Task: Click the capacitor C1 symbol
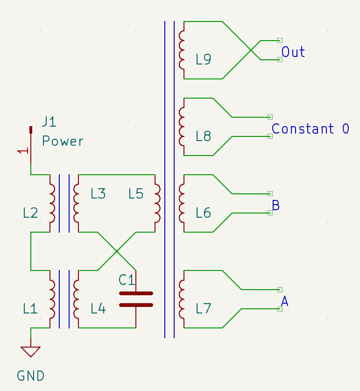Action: click(135, 299)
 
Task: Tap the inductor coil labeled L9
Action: click(182, 50)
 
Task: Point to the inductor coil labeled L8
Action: click(182, 127)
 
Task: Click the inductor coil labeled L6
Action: click(182, 203)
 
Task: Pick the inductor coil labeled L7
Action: click(182, 299)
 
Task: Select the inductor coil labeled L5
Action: click(157, 203)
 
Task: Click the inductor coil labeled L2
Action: click(52, 203)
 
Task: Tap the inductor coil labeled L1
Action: click(52, 299)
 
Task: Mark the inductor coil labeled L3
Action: click(76, 203)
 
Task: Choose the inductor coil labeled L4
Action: click(76, 299)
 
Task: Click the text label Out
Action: click(293, 52)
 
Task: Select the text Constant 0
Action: click(310, 128)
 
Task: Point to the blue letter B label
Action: click(275, 205)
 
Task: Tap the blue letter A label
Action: click(284, 302)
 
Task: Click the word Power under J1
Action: click(63, 141)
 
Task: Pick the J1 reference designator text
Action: click(49, 122)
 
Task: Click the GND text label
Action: click(31, 376)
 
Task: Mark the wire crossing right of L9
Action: click(251, 50)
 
